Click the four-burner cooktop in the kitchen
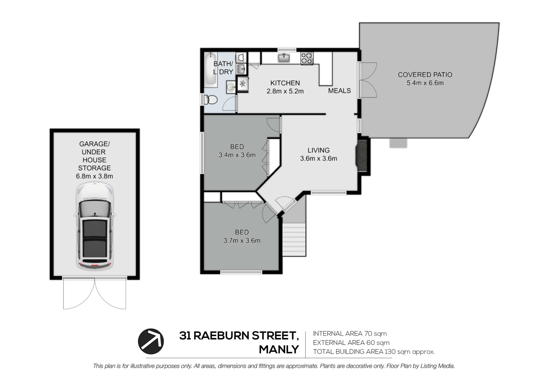[307, 58]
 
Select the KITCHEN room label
[285, 83]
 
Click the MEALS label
[340, 91]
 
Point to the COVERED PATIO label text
[425, 75]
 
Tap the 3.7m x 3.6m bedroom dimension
[242, 241]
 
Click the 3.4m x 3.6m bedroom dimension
[237, 155]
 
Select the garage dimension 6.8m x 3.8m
[94, 176]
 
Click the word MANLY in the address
[279, 350]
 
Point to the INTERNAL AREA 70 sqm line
[350, 334]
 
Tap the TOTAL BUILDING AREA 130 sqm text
[374, 352]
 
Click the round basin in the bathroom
[231, 87]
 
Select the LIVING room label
[318, 150]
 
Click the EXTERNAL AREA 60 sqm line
[351, 343]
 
